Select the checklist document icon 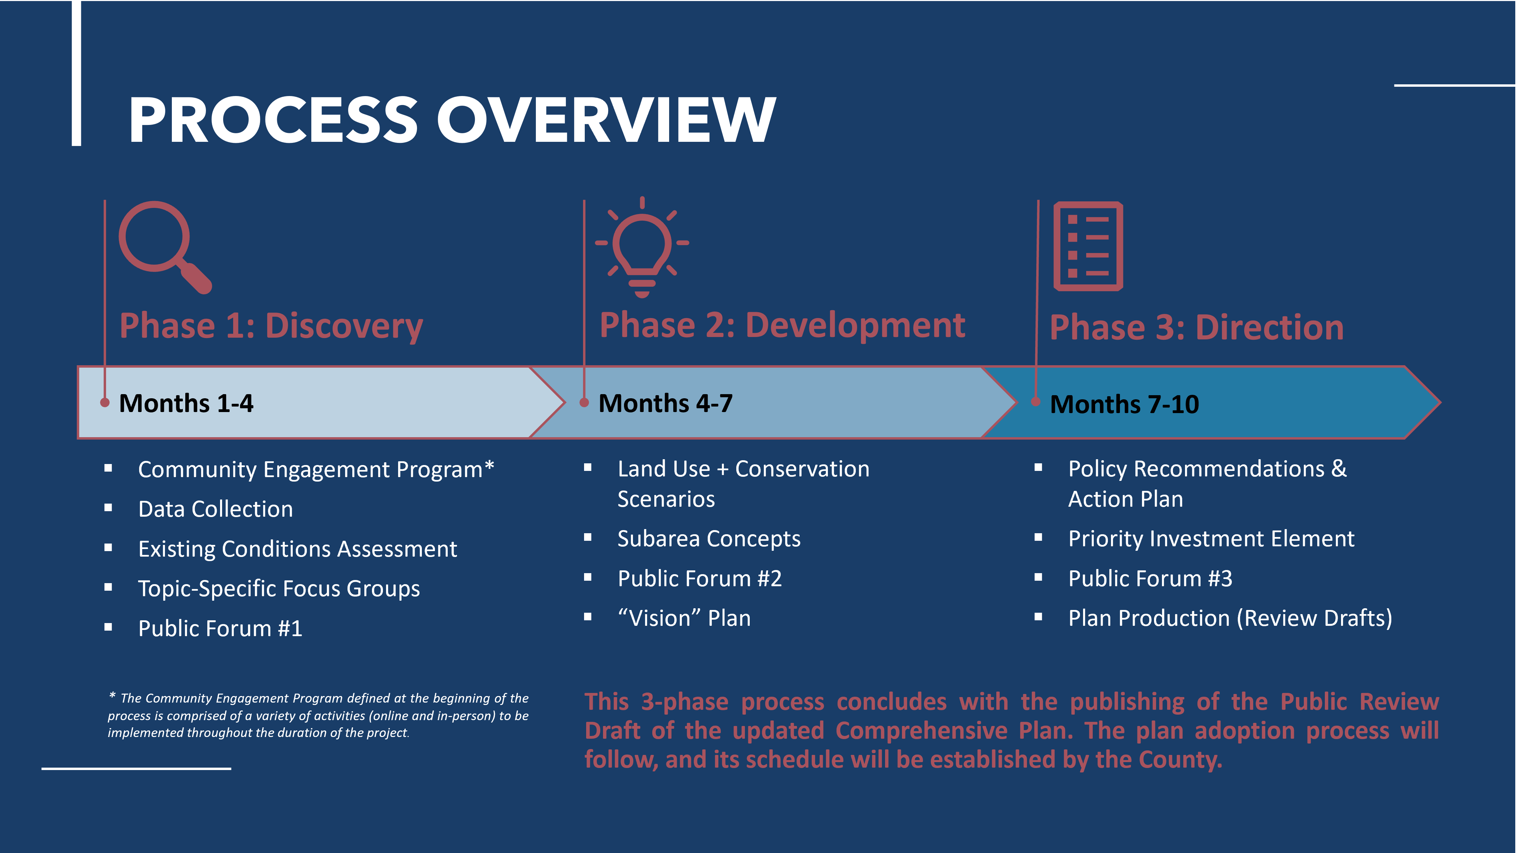1088,246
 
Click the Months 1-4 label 186,403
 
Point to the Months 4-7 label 665,403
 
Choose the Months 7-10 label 1124,404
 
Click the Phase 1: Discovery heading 271,326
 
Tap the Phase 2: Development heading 782,326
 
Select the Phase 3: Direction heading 1197,327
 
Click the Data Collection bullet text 216,509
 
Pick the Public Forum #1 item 220,629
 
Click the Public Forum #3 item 1150,579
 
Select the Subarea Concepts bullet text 709,539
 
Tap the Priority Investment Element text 1212,539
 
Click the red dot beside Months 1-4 105,403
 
